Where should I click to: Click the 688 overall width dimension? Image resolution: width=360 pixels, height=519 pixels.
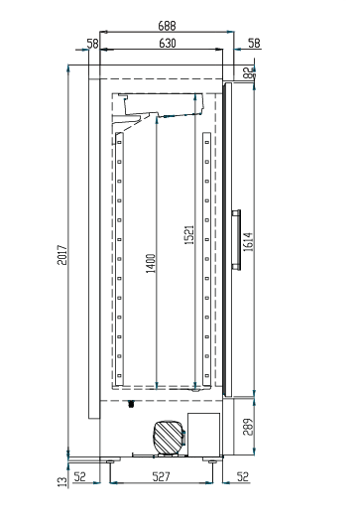tap(166, 24)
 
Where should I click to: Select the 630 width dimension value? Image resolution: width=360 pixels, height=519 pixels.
tap(166, 43)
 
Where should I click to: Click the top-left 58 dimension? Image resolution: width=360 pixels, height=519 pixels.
tap(91, 43)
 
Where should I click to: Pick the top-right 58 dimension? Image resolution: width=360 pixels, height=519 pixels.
tap(254, 43)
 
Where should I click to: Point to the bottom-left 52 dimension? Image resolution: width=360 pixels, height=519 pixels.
tap(79, 477)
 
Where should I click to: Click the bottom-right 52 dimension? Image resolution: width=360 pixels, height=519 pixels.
tap(242, 477)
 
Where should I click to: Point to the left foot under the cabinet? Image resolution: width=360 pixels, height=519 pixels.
tap(108, 459)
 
